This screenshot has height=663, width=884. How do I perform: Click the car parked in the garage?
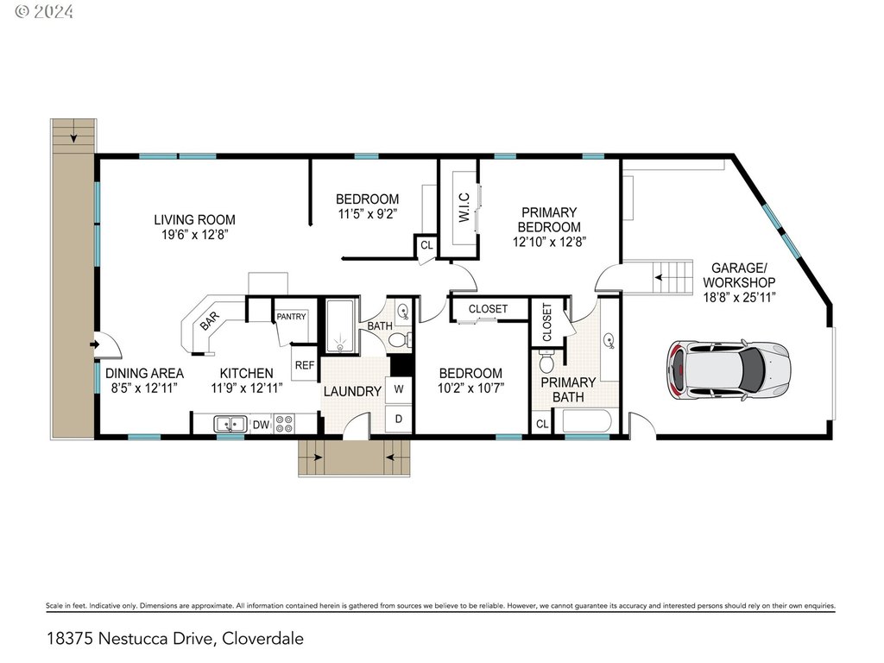pyautogui.click(x=729, y=370)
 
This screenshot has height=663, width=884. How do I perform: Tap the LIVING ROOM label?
pyautogui.click(x=194, y=220)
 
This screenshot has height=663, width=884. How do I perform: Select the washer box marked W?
pyautogui.click(x=399, y=389)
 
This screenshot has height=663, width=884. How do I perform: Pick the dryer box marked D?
pyautogui.click(x=399, y=419)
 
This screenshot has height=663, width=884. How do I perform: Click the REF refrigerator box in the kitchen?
pyautogui.click(x=305, y=365)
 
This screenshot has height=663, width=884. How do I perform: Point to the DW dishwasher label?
pyautogui.click(x=261, y=425)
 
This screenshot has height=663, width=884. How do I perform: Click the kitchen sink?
pyautogui.click(x=230, y=424)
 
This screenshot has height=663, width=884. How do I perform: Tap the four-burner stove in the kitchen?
pyautogui.click(x=284, y=424)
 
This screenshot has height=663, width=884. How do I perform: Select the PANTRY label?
pyautogui.click(x=291, y=317)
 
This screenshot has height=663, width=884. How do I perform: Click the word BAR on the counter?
pyautogui.click(x=210, y=321)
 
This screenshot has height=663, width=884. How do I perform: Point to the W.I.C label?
pyautogui.click(x=464, y=207)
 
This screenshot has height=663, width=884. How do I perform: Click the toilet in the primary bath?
pyautogui.click(x=546, y=362)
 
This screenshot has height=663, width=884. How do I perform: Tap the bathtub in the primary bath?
pyautogui.click(x=587, y=421)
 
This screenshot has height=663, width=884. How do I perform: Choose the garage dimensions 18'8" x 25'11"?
pyautogui.click(x=739, y=297)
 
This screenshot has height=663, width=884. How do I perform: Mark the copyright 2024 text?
pyautogui.click(x=43, y=11)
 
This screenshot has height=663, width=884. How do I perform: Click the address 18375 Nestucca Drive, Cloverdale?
pyautogui.click(x=174, y=639)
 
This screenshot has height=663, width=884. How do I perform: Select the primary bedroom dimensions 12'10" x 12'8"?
pyautogui.click(x=549, y=242)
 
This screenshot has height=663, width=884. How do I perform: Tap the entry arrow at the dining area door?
pyautogui.click(x=95, y=344)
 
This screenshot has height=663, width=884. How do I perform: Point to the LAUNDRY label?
pyautogui.click(x=352, y=391)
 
